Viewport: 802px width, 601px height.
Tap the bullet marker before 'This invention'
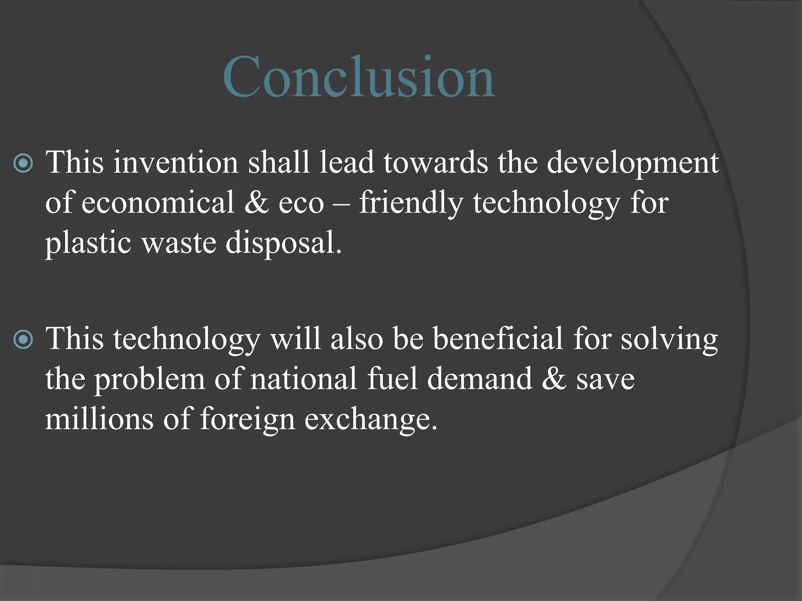(23, 163)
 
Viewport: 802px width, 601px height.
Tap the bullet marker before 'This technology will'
(23, 340)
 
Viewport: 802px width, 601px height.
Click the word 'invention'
(176, 162)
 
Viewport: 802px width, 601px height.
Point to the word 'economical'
(158, 203)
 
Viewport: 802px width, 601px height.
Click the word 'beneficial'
(498, 339)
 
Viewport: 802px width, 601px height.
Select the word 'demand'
(480, 379)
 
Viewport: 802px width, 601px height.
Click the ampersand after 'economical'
(256, 203)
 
